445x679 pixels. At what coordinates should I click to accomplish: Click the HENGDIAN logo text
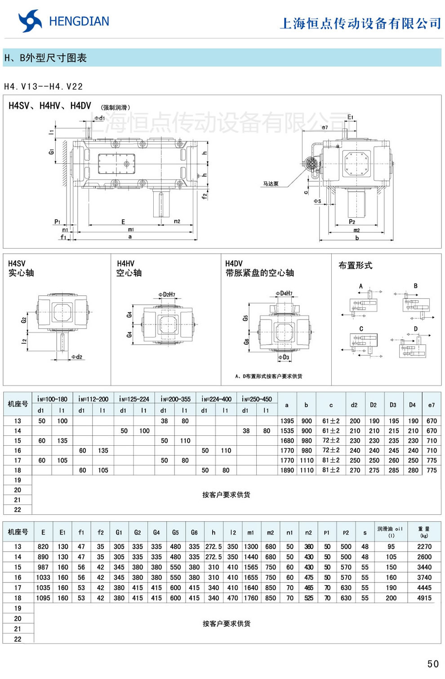(79, 22)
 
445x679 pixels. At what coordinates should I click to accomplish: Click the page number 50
(433, 664)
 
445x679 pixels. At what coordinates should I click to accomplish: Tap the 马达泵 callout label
(271, 184)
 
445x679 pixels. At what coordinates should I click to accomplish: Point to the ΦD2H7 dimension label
(167, 294)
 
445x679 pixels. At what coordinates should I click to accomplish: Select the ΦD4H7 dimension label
(284, 294)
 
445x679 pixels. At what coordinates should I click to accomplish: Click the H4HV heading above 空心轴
(125, 263)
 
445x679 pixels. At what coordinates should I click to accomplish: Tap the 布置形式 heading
(355, 265)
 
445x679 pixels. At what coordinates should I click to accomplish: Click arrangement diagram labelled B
(416, 303)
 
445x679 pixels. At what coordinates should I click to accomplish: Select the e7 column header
(432, 405)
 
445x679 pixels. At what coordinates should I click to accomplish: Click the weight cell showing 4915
(424, 598)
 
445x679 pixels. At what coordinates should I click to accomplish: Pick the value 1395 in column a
(287, 421)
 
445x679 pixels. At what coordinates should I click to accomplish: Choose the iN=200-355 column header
(175, 399)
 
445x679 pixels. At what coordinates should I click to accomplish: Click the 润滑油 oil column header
(390, 531)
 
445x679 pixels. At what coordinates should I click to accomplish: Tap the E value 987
(43, 567)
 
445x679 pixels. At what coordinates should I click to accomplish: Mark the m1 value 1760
(251, 598)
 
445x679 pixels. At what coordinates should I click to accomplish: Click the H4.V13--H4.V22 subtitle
(43, 87)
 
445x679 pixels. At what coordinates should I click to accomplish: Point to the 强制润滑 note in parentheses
(116, 108)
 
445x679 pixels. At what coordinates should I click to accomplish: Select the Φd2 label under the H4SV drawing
(77, 357)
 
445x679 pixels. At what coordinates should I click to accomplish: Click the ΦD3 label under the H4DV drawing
(283, 357)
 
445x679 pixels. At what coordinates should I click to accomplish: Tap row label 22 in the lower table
(18, 639)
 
